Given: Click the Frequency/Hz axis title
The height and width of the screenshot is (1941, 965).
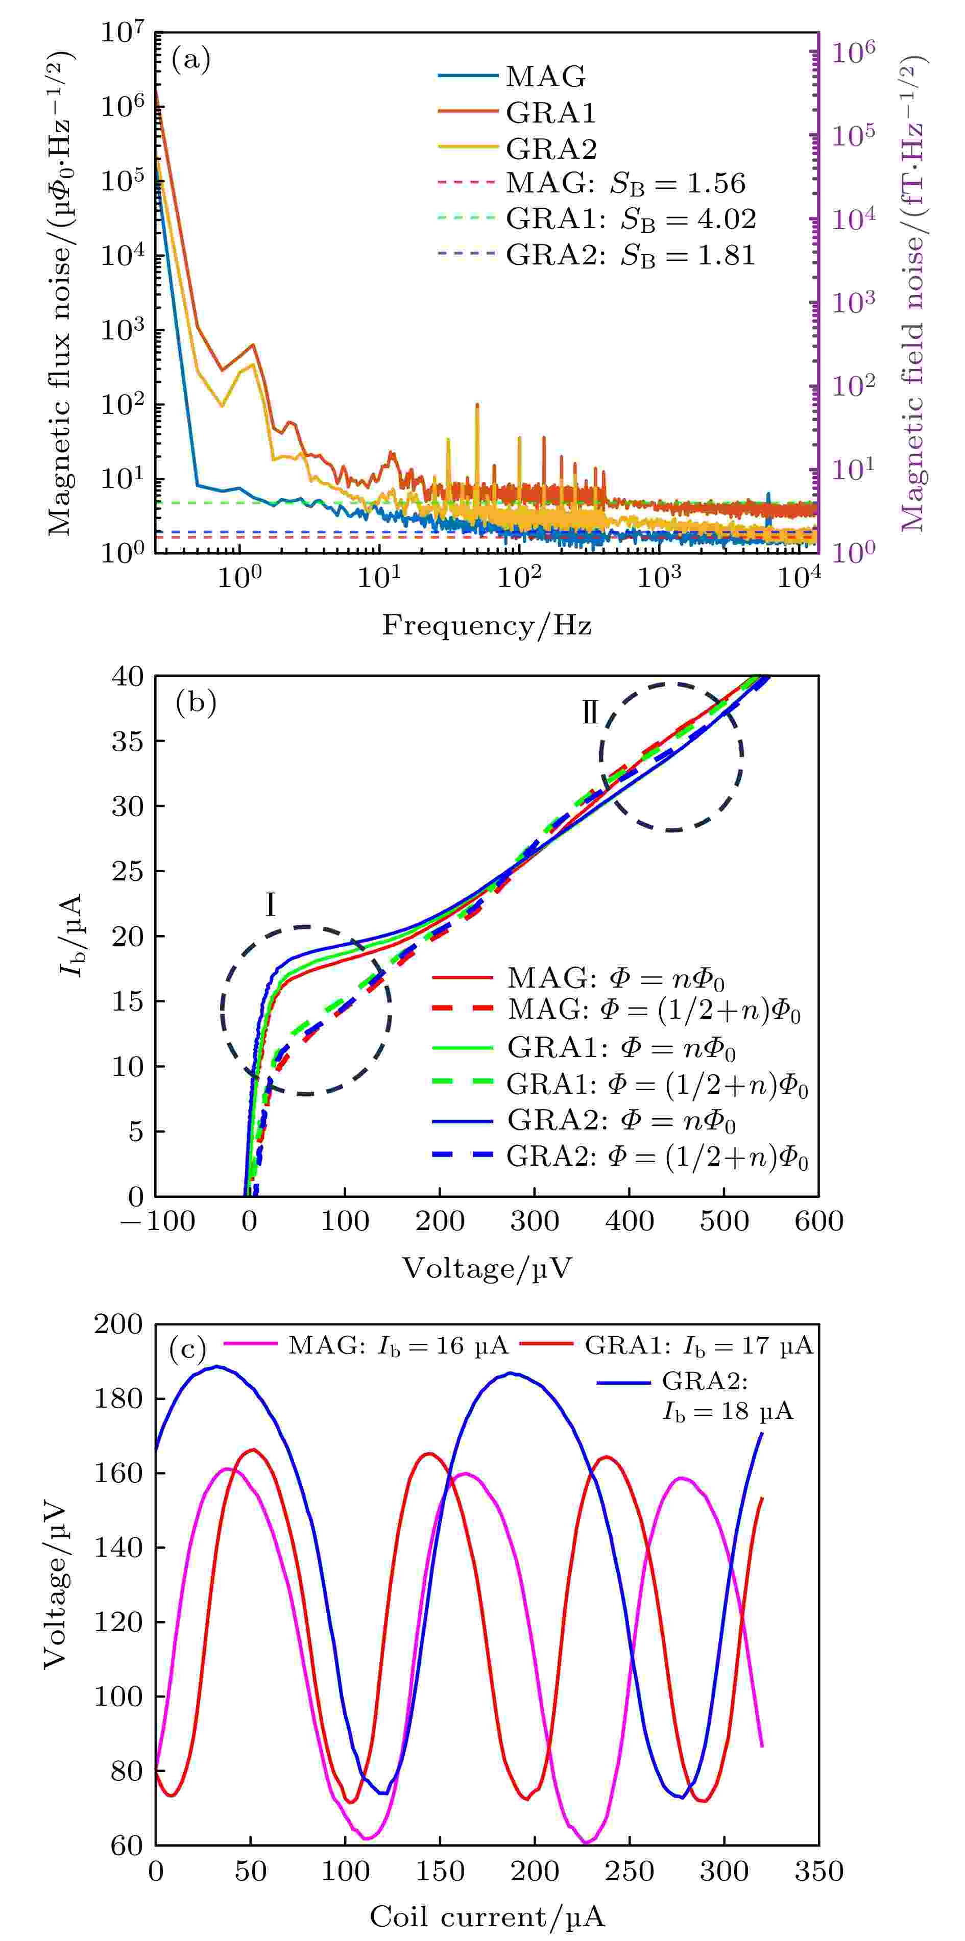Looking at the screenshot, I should [x=486, y=625].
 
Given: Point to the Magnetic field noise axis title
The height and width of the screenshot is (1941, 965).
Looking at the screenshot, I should [x=913, y=294].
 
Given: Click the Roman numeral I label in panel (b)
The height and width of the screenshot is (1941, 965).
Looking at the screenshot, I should [x=270, y=905].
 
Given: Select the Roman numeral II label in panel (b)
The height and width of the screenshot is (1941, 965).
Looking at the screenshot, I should [x=590, y=712].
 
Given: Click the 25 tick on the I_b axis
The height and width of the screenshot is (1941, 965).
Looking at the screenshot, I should [x=128, y=871].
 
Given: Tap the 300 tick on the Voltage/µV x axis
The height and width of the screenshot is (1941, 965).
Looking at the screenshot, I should [x=535, y=1221].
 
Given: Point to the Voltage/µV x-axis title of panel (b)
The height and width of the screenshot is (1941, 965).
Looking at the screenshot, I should [x=486, y=1269].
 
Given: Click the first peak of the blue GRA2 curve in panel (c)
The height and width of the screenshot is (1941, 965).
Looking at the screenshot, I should [x=216, y=1366].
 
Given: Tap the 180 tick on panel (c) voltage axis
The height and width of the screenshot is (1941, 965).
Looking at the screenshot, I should [x=118, y=1398].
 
